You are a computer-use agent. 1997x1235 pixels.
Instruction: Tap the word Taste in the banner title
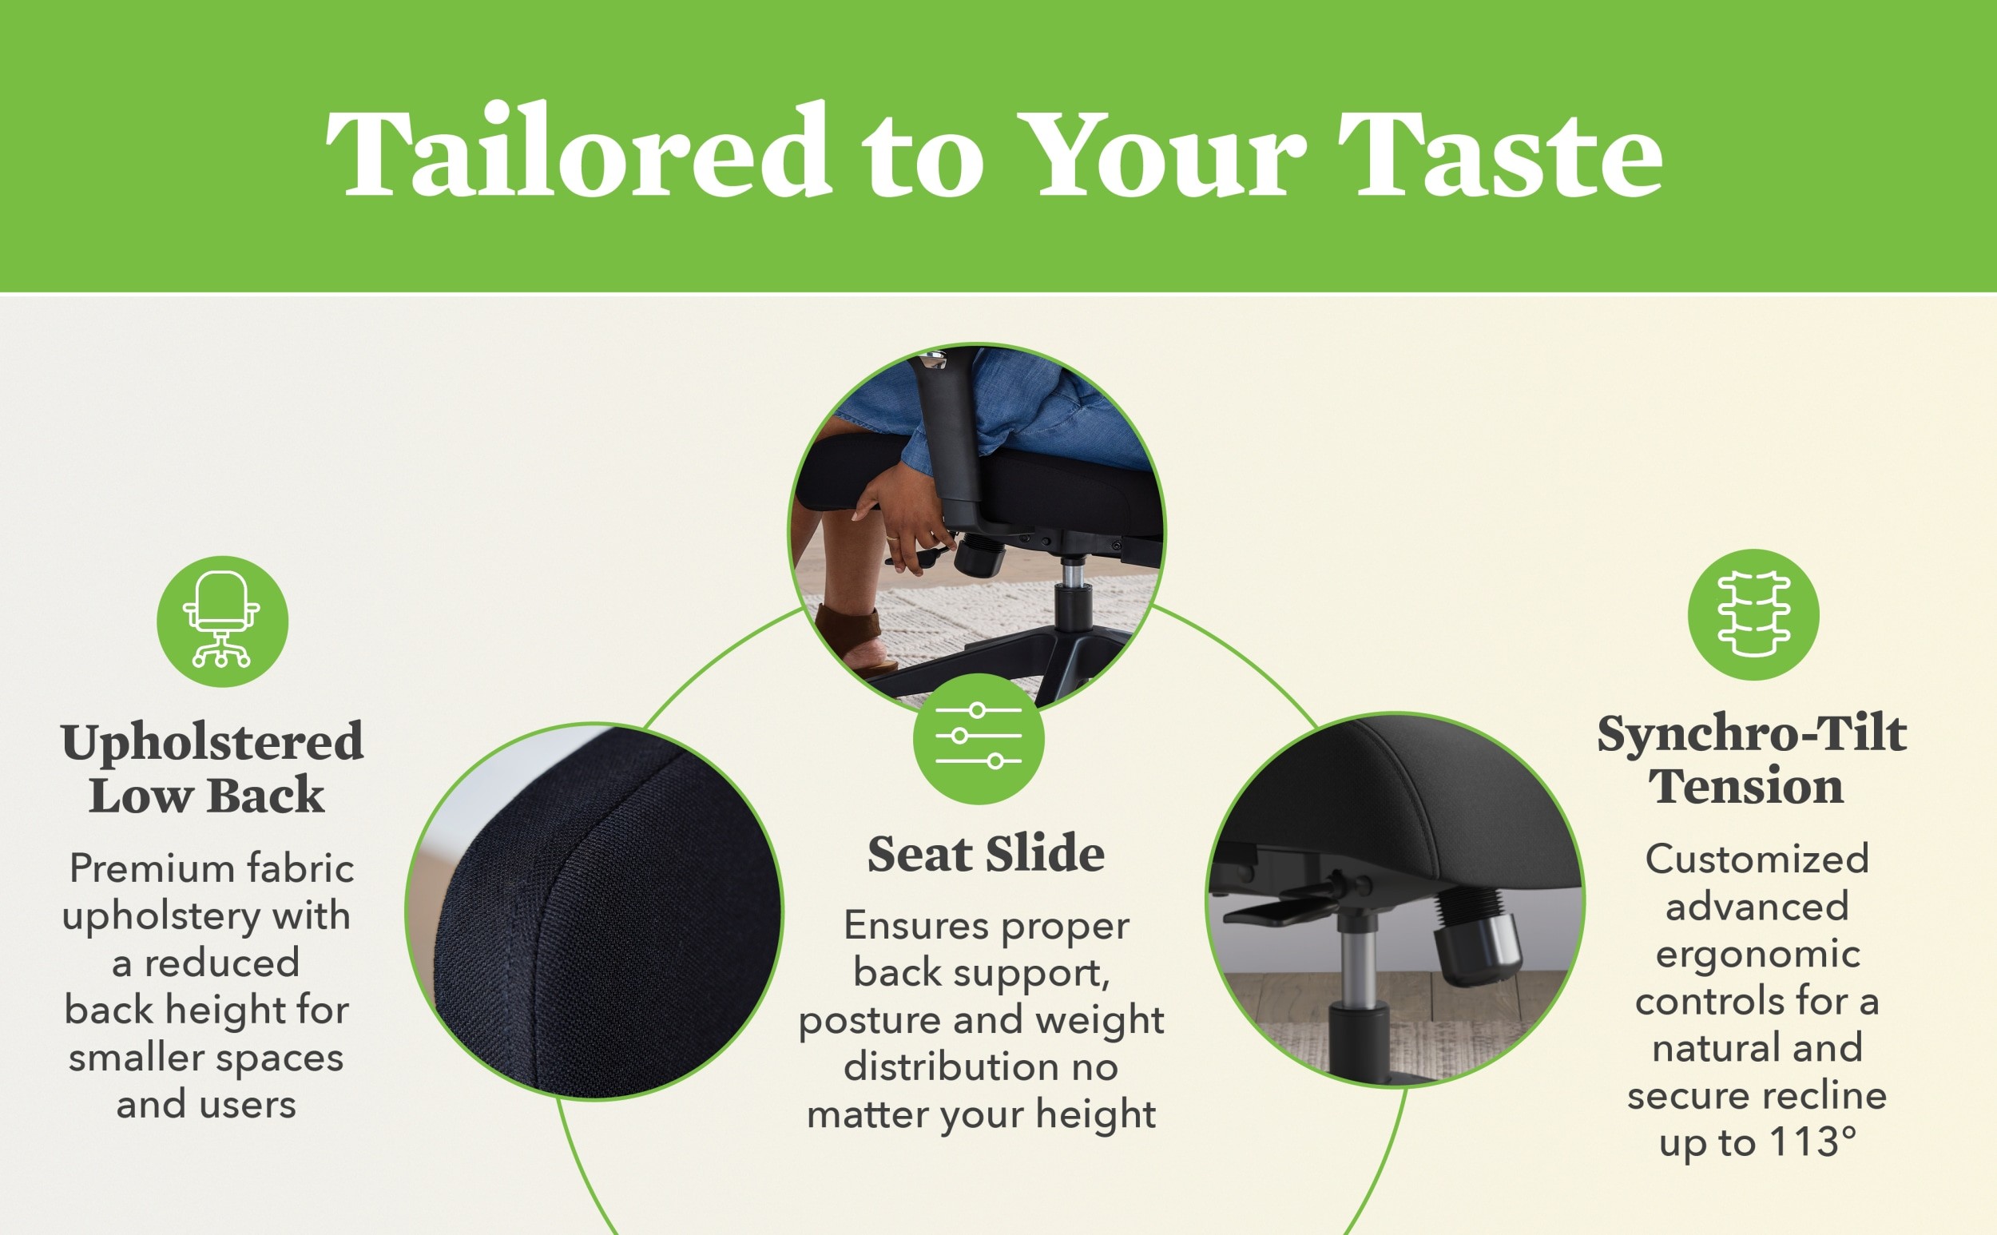(x=1499, y=153)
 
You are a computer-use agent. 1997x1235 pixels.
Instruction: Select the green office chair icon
(x=222, y=621)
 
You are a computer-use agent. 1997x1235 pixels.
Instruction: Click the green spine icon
(x=1753, y=614)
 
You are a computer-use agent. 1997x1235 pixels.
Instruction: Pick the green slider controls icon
(x=979, y=738)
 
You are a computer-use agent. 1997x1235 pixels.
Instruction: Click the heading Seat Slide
(x=986, y=855)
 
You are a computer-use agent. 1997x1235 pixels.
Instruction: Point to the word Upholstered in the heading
(x=212, y=743)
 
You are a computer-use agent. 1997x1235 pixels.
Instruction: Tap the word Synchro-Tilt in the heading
(x=1753, y=733)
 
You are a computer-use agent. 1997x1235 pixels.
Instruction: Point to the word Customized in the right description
(x=1757, y=859)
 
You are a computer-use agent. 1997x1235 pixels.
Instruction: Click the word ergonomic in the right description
(x=1757, y=953)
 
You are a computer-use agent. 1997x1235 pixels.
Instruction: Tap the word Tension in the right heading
(x=1746, y=787)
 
